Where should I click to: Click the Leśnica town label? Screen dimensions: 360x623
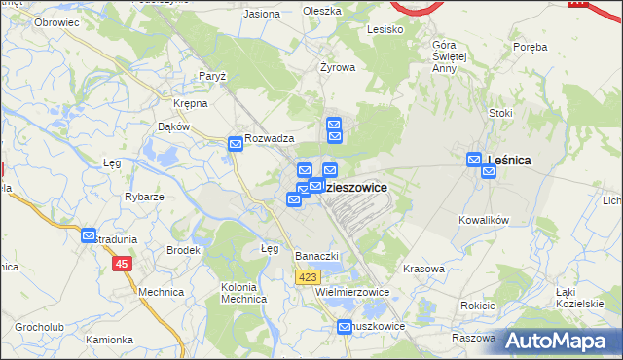512,161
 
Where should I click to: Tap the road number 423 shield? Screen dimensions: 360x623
307,277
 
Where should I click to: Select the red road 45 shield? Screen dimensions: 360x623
122,264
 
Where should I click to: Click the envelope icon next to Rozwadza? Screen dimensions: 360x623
236,144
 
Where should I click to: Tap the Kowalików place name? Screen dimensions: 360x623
484,221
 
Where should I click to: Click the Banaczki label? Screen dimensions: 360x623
315,256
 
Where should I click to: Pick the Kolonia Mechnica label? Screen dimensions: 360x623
244,293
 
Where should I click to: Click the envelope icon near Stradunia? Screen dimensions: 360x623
90,236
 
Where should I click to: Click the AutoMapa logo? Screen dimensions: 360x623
561,342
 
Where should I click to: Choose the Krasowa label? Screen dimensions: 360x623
423,268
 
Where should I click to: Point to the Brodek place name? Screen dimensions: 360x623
182,250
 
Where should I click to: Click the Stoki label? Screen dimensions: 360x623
500,113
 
